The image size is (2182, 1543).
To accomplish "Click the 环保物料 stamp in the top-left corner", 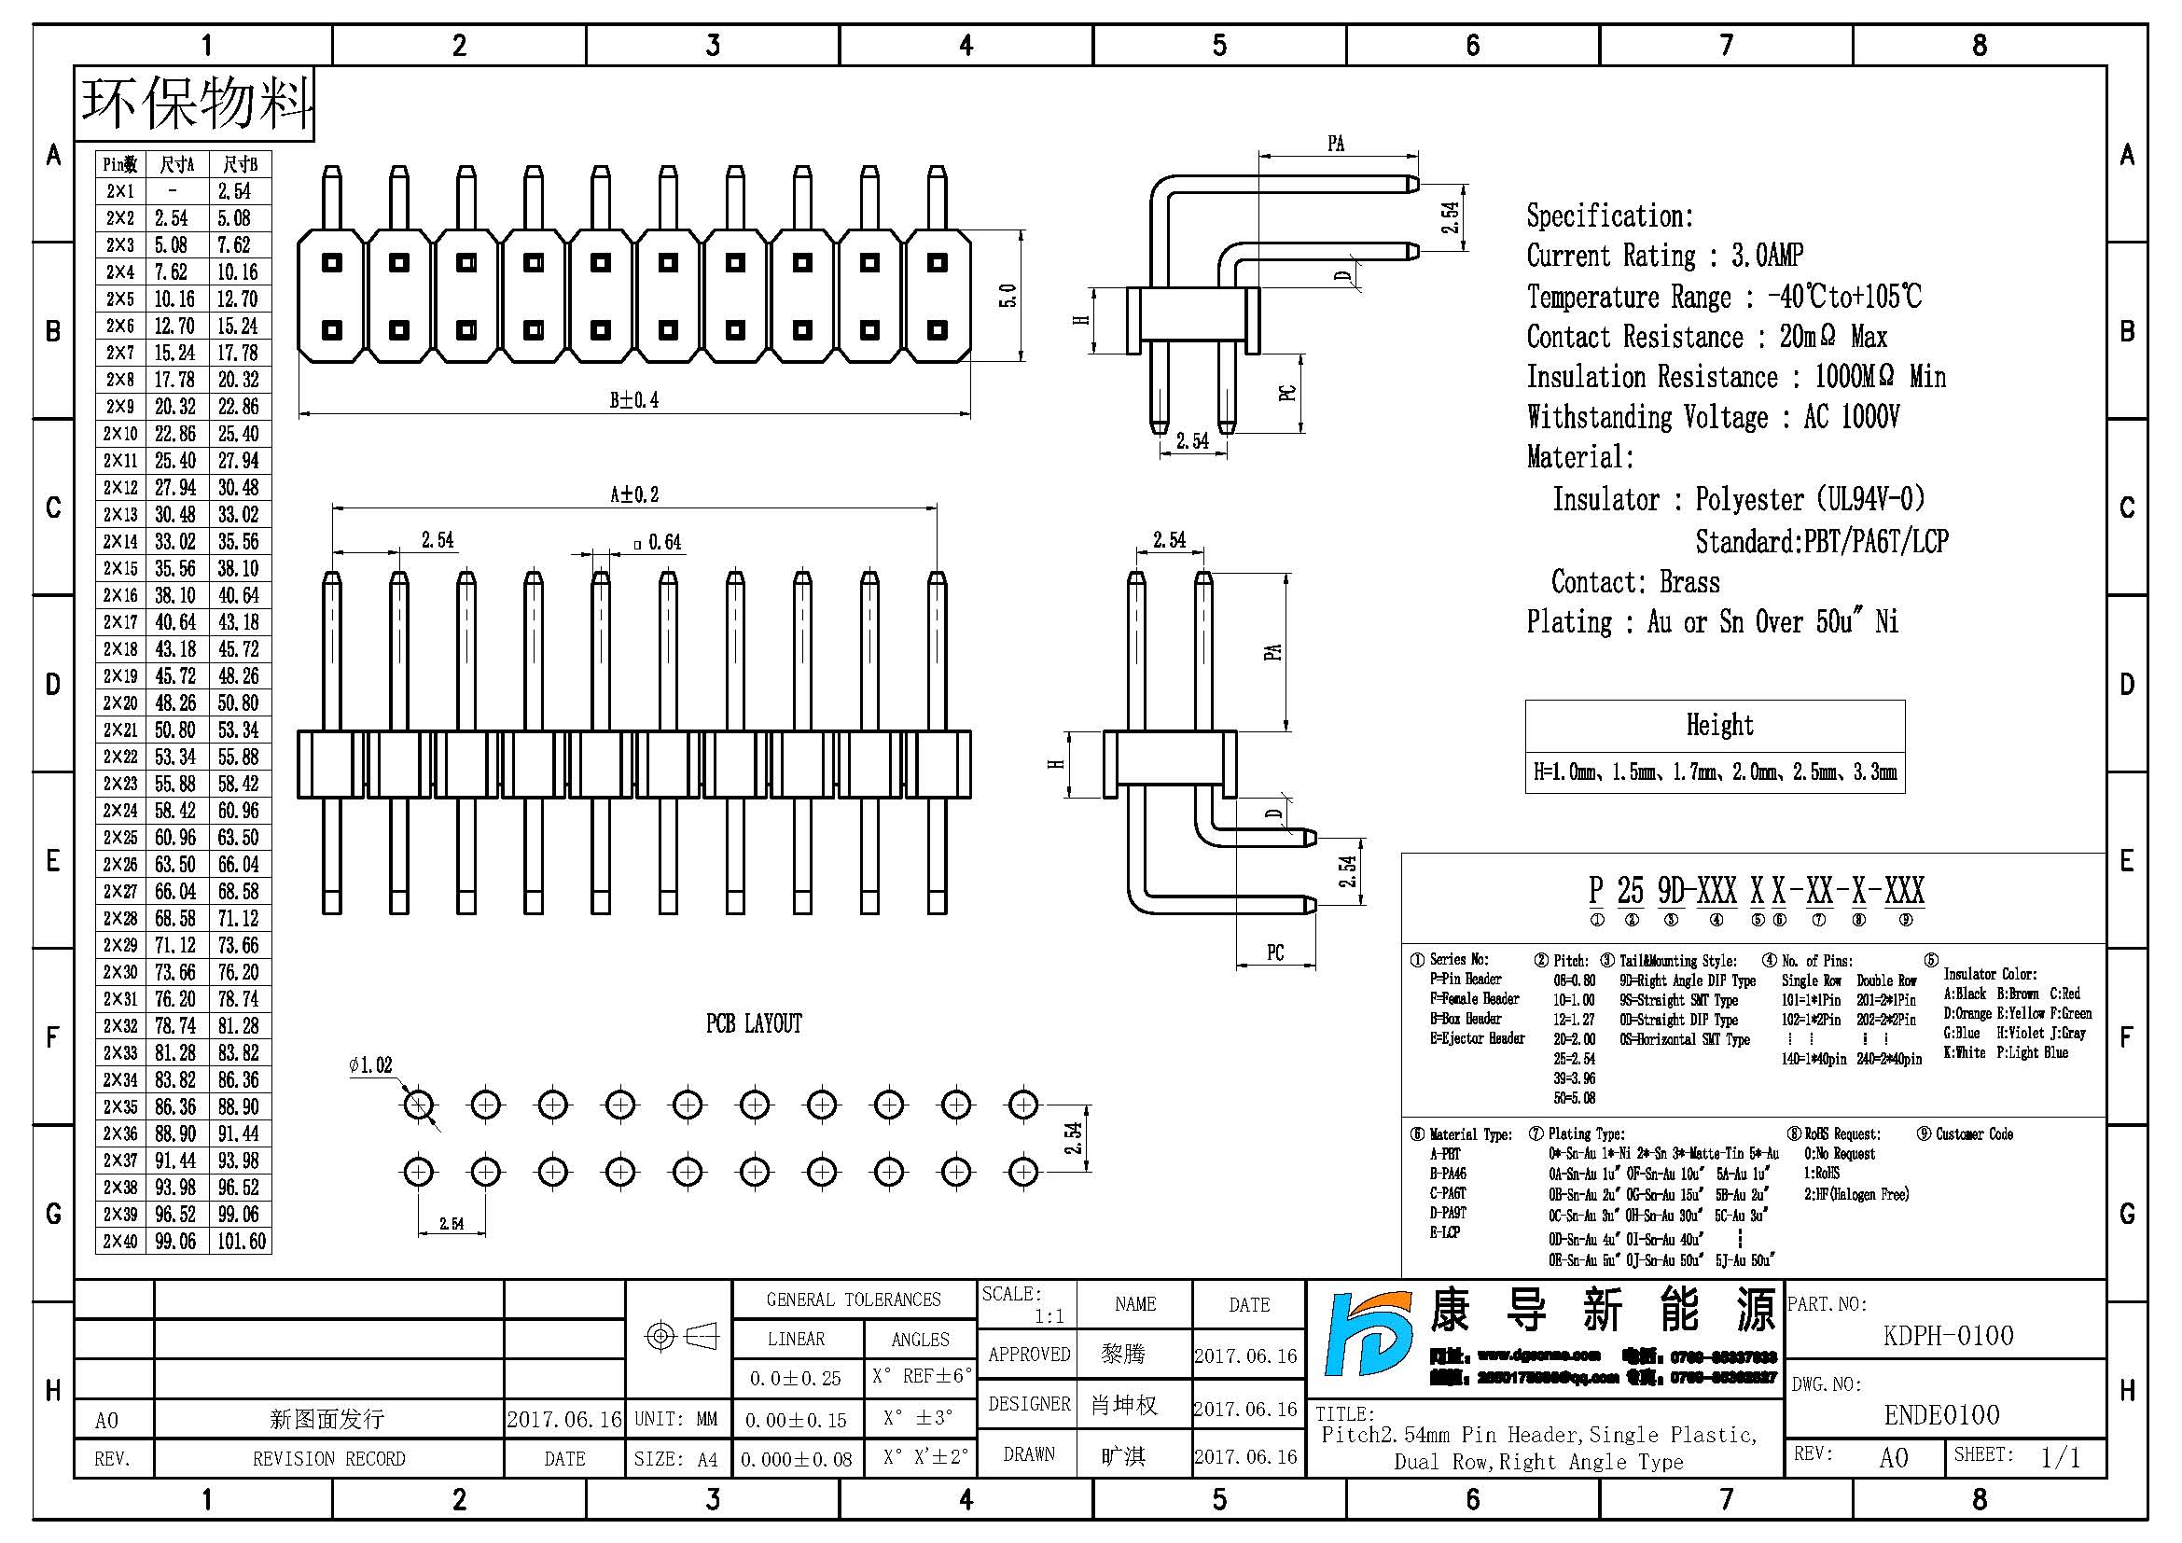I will coord(195,103).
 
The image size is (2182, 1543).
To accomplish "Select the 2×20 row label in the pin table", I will coord(119,703).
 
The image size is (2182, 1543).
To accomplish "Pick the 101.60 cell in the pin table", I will coord(241,1241).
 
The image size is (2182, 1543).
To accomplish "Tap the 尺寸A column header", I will coord(176,164).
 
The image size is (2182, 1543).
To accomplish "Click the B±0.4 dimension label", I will coord(633,400).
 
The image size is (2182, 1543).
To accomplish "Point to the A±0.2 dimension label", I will coord(633,494).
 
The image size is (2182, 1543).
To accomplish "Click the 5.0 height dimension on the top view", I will coord(1008,296).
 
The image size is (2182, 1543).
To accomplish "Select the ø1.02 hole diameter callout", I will coord(370,1065).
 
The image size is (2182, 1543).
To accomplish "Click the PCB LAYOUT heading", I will coord(754,1023).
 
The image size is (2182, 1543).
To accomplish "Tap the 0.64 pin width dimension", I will coord(659,542).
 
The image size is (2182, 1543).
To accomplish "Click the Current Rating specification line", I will coord(1664,256).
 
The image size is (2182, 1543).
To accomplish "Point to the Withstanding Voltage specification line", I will coord(1713,417).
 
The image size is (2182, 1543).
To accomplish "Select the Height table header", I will coord(1719,725).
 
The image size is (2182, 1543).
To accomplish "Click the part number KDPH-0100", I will coord(1948,1335).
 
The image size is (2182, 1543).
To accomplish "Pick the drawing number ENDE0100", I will coord(1941,1415).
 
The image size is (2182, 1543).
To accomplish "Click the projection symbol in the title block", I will coord(680,1336).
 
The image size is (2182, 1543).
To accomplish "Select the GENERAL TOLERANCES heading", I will coord(854,1300).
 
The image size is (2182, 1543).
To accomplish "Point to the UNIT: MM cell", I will coord(675,1419).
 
